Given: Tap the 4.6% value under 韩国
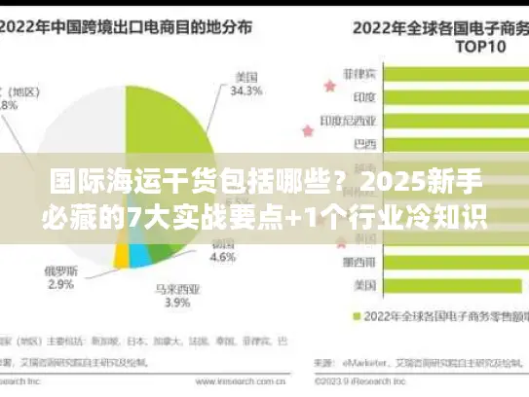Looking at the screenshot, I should (x=223, y=258).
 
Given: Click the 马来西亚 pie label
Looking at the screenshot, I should (x=170, y=288).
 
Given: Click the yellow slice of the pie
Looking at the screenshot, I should (x=121, y=254).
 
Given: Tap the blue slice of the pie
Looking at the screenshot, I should (x=139, y=256).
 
